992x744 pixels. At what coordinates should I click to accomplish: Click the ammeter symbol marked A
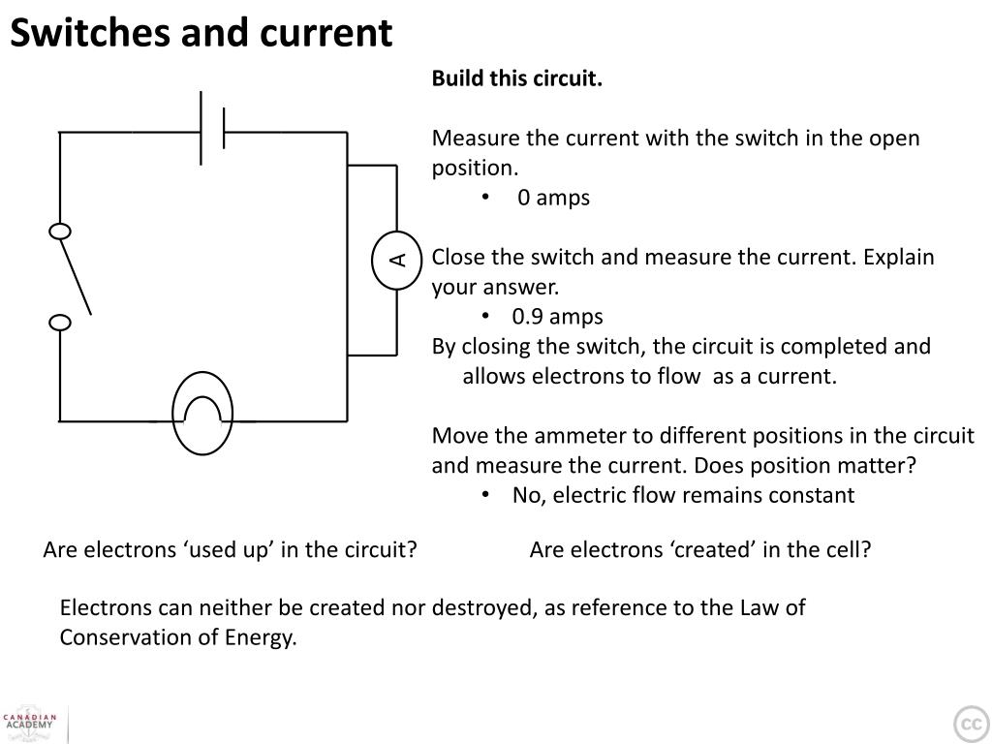[x=396, y=260]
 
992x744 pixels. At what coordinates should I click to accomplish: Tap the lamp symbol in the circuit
[x=202, y=414]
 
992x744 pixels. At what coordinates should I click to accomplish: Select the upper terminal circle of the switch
[x=60, y=232]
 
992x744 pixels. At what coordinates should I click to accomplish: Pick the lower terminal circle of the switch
[x=60, y=323]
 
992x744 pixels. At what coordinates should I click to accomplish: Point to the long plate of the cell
[x=201, y=128]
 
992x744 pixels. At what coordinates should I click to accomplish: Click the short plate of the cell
[x=224, y=128]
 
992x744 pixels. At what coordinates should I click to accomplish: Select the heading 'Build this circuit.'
[x=516, y=78]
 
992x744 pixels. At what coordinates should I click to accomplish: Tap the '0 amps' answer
[x=553, y=198]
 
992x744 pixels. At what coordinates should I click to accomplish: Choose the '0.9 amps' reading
[x=558, y=317]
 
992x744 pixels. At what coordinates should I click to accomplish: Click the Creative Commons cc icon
[x=969, y=724]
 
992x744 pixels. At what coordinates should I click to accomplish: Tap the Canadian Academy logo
[x=30, y=722]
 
